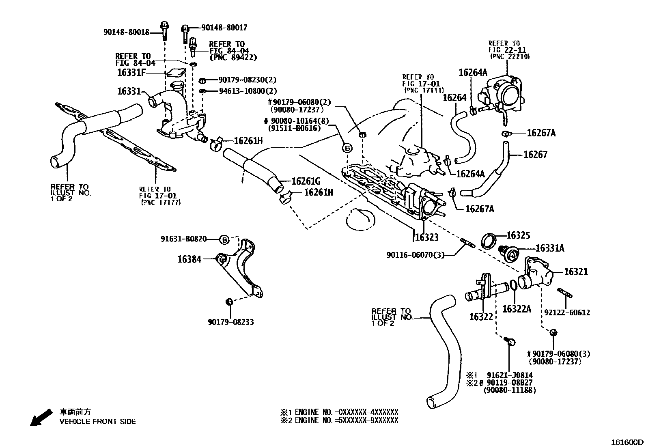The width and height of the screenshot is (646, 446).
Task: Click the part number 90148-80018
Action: coord(126,32)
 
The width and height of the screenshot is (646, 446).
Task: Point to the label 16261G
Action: coord(306,181)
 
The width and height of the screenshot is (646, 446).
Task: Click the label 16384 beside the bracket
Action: coord(189,259)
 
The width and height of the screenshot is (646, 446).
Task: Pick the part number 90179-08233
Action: coord(231,322)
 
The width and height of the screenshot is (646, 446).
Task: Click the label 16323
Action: coord(426,237)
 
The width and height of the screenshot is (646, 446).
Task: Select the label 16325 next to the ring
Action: coord(519,235)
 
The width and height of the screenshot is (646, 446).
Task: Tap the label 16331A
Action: coord(550,248)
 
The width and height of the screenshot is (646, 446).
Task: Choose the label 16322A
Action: coord(517,309)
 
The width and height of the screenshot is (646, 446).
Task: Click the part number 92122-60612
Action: coord(567,312)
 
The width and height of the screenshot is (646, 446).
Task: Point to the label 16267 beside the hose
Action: coord(535,155)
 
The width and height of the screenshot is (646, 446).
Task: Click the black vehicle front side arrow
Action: coord(41,417)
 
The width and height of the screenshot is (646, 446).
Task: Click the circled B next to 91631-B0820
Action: coord(224,239)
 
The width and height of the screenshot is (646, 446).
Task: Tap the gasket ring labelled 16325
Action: coord(489,241)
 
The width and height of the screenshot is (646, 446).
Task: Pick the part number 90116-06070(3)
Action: coord(416,255)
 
